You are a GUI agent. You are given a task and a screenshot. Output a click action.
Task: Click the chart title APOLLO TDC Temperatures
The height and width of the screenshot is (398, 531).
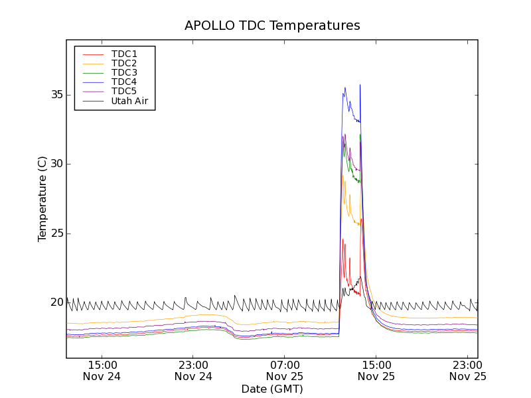(x=272, y=26)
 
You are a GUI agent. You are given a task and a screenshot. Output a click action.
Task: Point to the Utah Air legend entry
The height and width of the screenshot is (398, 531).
(x=129, y=101)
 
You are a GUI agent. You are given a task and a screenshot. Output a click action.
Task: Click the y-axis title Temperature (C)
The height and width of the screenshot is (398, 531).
(x=42, y=199)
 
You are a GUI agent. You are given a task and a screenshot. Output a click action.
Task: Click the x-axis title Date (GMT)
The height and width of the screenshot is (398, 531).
(x=272, y=389)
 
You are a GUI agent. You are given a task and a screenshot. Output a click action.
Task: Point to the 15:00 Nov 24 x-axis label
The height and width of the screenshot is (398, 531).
(x=102, y=370)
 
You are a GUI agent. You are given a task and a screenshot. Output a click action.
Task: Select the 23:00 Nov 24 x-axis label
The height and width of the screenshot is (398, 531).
(x=194, y=370)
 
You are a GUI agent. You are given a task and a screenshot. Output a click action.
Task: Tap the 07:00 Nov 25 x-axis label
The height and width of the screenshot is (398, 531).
(x=285, y=370)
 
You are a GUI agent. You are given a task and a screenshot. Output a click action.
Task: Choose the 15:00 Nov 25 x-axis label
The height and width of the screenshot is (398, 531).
(x=376, y=370)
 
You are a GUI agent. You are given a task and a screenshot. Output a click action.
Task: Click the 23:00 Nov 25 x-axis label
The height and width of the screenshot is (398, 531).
(x=467, y=370)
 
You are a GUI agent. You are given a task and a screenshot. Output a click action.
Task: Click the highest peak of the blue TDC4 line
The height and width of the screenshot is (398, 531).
(x=360, y=85)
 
